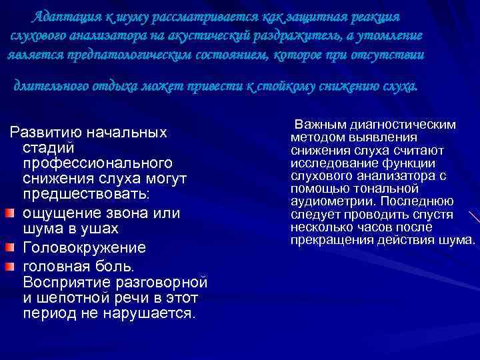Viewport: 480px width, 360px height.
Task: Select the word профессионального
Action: pos(97,163)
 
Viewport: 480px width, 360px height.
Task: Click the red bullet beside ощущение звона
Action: pos(10,213)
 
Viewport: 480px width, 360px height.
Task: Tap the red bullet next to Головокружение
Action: pos(10,248)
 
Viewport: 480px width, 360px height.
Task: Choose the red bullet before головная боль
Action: pos(10,265)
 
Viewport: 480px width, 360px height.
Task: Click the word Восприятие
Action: pos(64,281)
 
